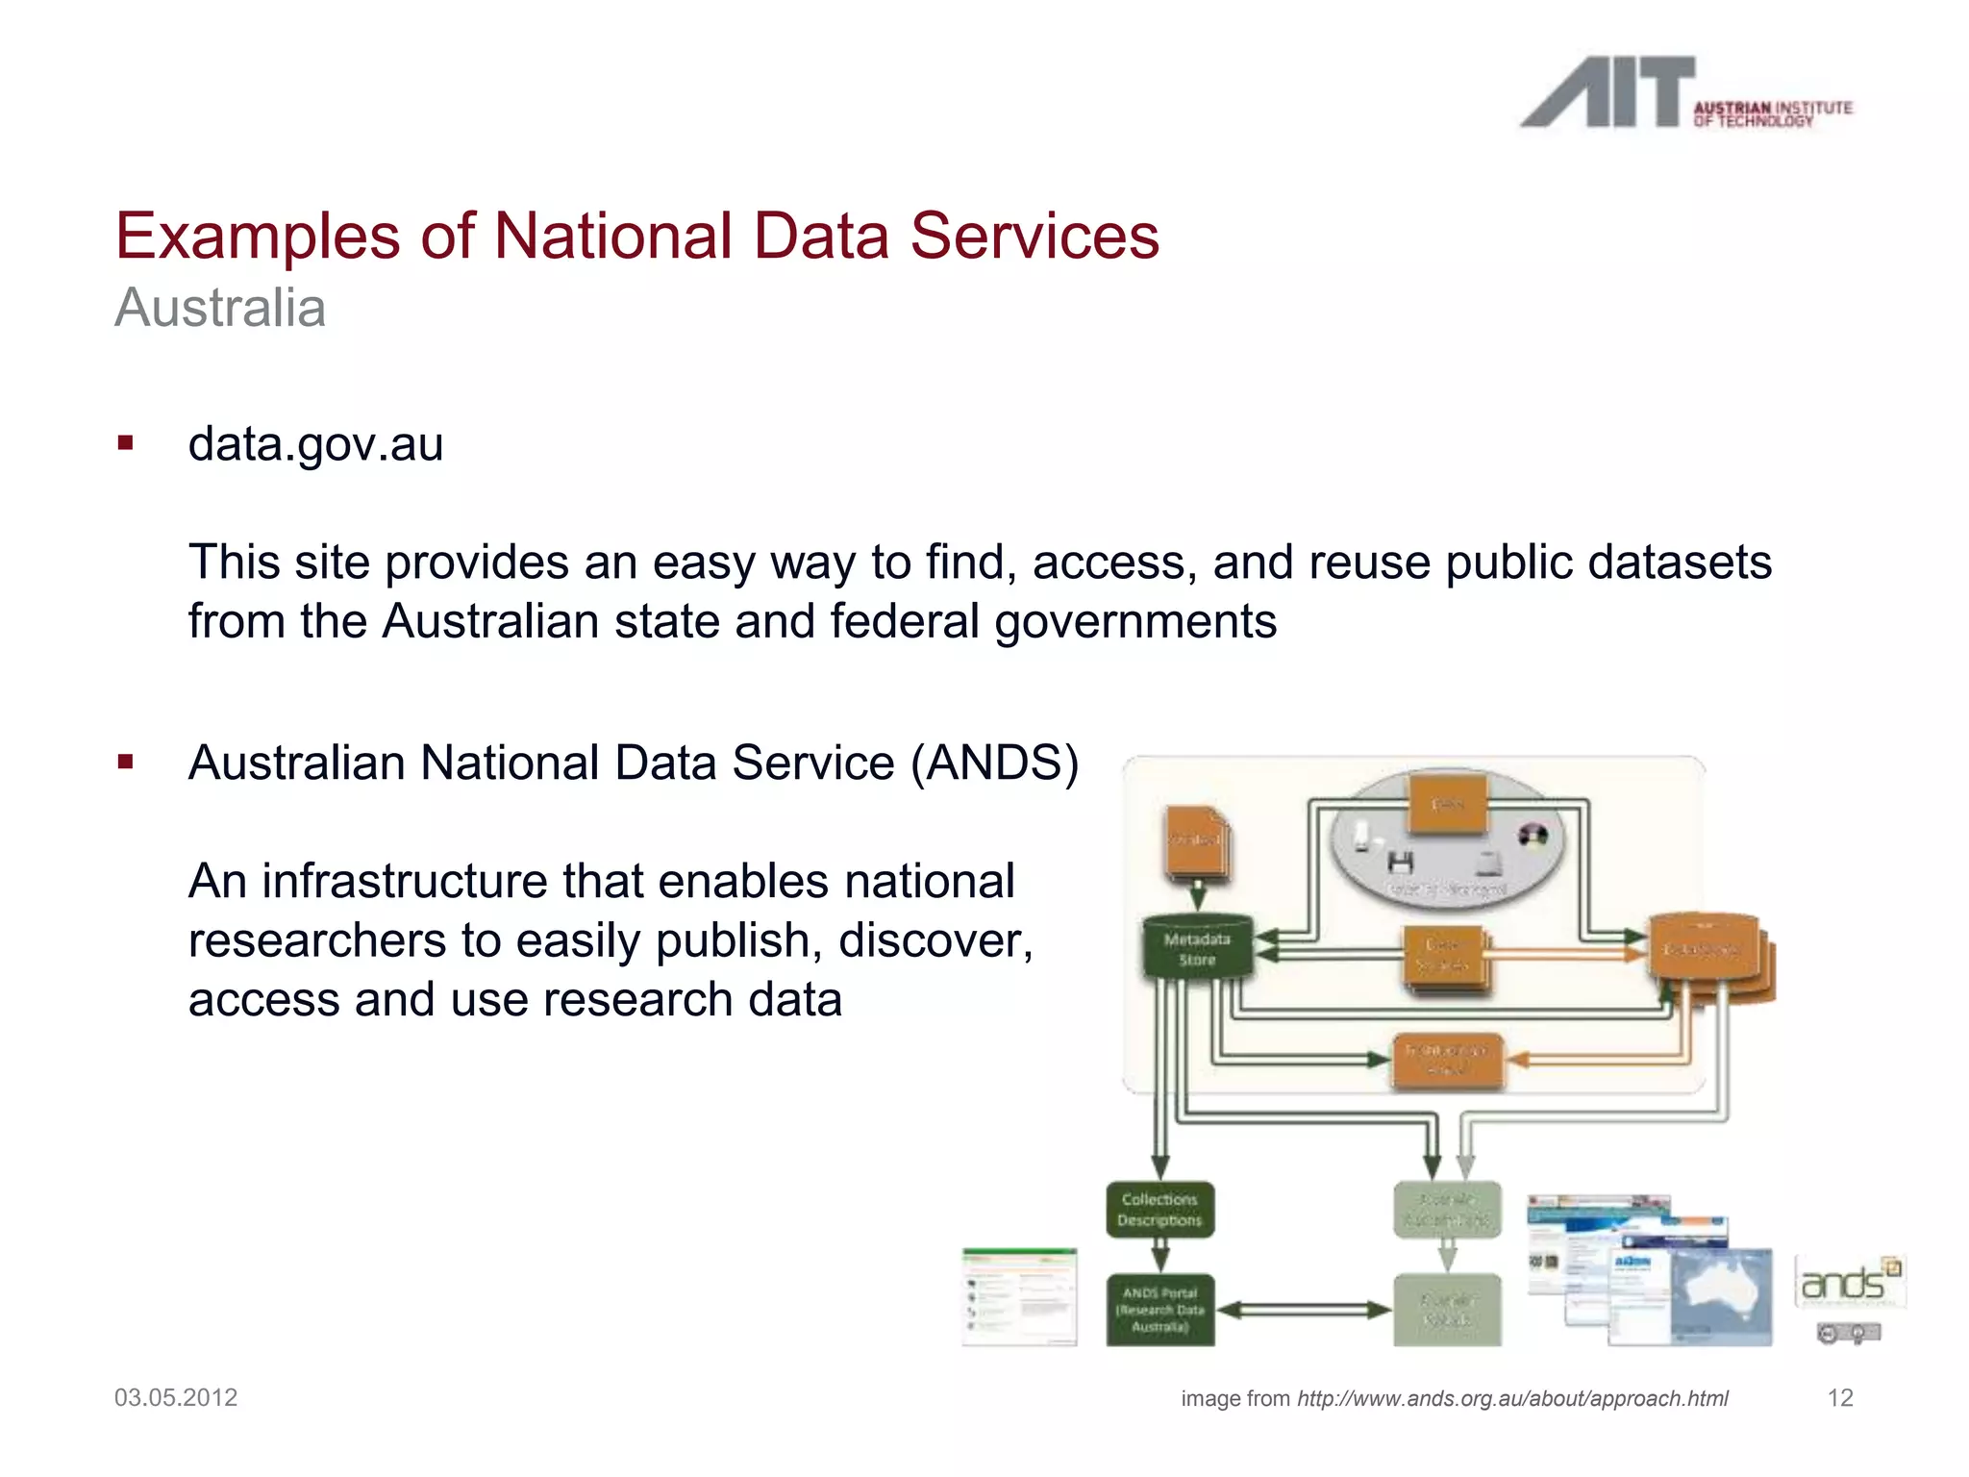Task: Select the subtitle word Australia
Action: [x=220, y=308]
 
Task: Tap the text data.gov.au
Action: [x=315, y=444]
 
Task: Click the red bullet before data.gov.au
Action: [x=125, y=443]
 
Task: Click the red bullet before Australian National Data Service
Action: [x=125, y=763]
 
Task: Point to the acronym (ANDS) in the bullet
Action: [x=995, y=763]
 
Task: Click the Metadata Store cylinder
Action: [x=1197, y=949]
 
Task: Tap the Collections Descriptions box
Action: [x=1159, y=1210]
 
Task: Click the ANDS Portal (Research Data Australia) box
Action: [x=1159, y=1310]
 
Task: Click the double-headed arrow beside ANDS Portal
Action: [x=1304, y=1310]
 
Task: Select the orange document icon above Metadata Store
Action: [x=1197, y=843]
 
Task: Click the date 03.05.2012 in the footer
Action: [x=176, y=1397]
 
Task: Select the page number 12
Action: [x=1839, y=1397]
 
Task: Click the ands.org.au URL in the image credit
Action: [x=1511, y=1398]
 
